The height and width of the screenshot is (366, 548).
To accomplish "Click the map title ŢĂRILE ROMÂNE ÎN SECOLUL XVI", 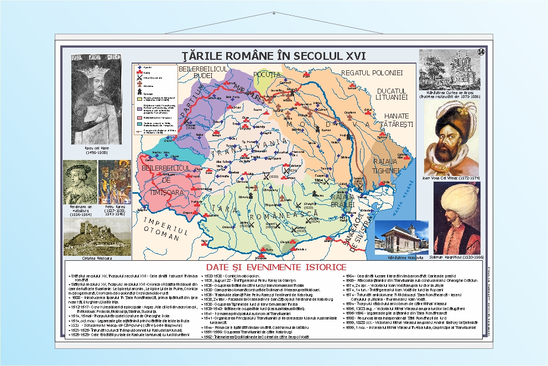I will pos(274,56).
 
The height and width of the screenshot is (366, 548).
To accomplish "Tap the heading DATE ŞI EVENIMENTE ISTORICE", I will pos(274,267).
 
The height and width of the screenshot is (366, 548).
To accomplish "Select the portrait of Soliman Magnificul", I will pos(457,218).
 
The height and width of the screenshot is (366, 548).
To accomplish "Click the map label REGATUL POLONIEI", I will pos(372,73).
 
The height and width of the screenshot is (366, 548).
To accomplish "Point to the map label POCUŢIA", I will pos(267,74).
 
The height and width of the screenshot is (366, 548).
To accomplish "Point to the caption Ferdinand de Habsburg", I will pos(77,210).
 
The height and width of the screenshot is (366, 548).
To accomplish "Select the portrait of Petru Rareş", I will pos(114,182).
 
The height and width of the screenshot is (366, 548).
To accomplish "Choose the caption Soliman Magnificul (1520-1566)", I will pos(457,257).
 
